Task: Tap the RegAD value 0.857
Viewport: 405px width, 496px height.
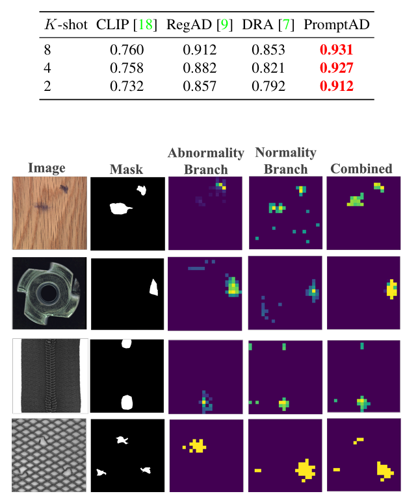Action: tap(200, 86)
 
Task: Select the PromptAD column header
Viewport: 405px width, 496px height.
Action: tap(336, 25)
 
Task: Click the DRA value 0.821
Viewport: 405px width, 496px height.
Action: tap(268, 68)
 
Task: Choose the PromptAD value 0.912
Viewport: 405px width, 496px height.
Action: tap(336, 86)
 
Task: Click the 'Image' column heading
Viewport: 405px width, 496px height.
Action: tap(47, 168)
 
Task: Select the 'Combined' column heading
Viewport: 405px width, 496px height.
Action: tap(361, 169)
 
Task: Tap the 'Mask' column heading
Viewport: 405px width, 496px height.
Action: tap(126, 170)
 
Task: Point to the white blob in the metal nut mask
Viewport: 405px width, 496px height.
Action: tap(155, 287)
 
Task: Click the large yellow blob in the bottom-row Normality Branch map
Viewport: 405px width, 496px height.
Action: tap(304, 469)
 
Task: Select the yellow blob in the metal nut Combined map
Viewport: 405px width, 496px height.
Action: tap(391, 289)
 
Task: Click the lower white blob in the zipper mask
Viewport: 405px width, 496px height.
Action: tap(127, 402)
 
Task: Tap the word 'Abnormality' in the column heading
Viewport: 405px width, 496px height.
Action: tap(206, 154)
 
